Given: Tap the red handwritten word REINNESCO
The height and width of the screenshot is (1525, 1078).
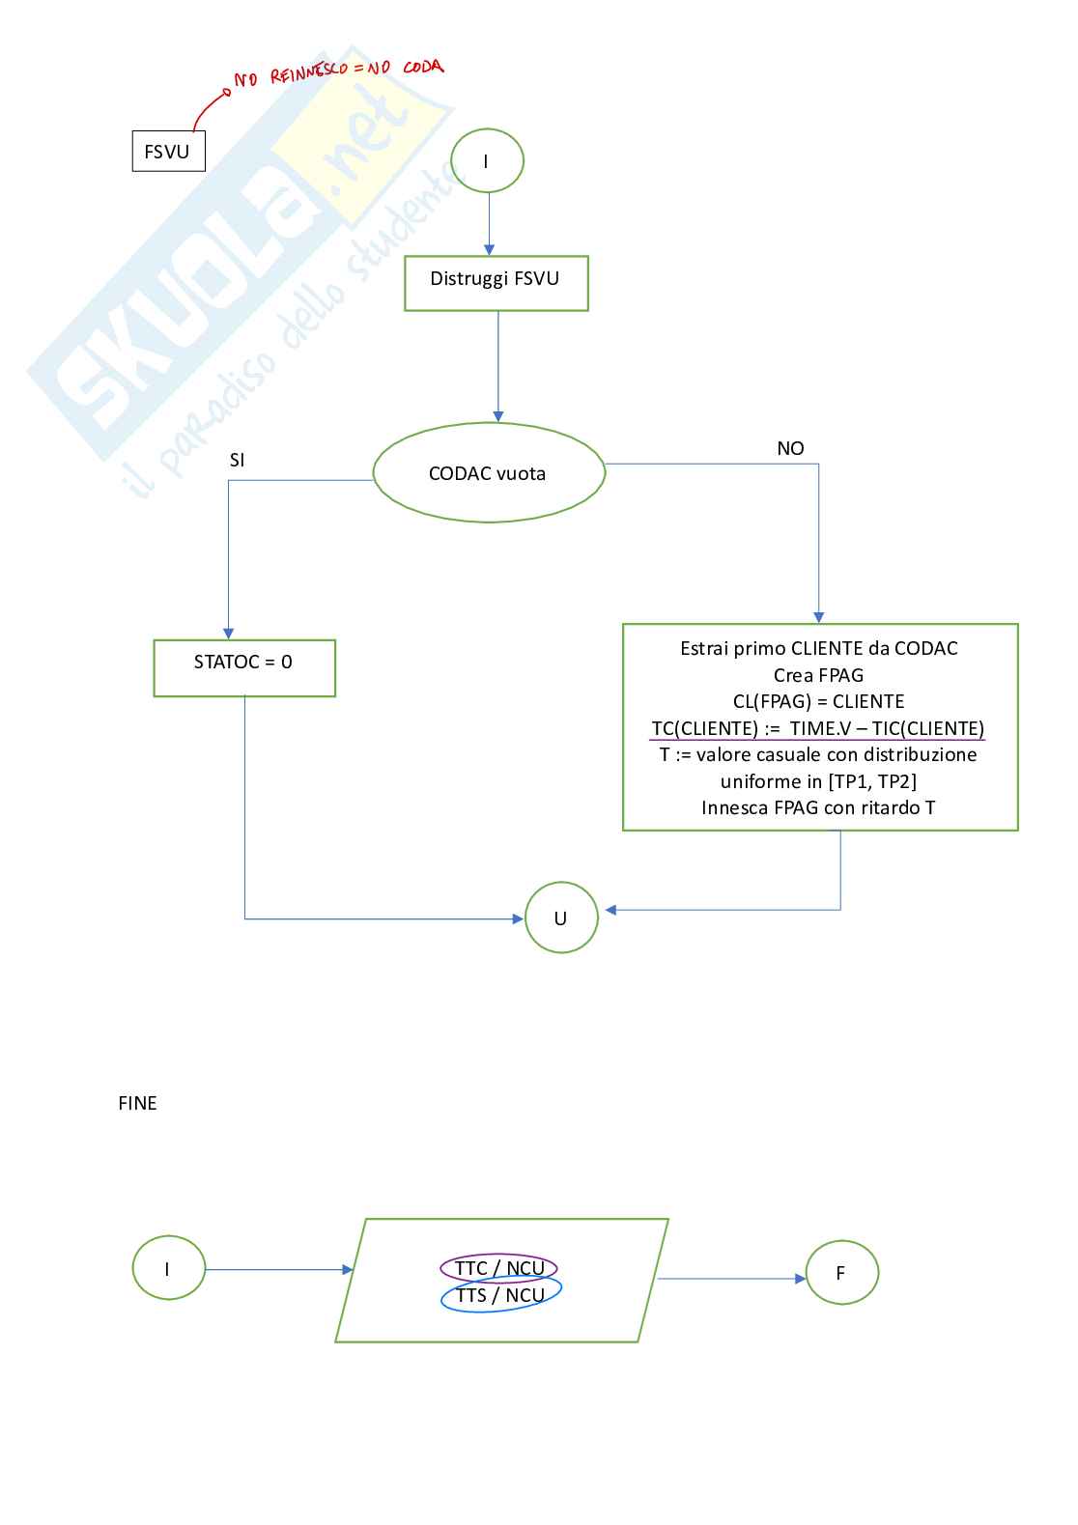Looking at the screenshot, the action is [x=309, y=71].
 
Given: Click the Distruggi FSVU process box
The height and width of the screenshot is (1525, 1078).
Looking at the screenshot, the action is [x=496, y=283].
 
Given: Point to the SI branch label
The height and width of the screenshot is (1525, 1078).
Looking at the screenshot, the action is [x=237, y=461].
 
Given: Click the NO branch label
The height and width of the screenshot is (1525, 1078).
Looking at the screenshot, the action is [x=790, y=448].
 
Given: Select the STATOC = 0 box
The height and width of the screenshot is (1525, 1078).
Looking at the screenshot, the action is [x=244, y=668].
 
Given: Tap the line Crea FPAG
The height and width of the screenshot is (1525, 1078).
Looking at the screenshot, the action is [x=818, y=675].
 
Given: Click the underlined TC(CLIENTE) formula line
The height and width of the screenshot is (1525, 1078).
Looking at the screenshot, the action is [x=818, y=728].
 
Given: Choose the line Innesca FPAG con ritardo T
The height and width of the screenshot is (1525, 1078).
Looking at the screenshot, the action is [x=818, y=807].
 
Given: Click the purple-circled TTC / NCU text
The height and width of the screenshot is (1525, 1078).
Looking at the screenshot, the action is [x=499, y=1268].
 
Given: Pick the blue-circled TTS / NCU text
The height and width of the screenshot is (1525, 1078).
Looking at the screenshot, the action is [x=500, y=1294].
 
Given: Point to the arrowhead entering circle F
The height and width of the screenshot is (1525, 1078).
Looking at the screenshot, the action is [x=800, y=1279].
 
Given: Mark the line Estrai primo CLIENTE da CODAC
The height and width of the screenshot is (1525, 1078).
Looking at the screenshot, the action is [x=818, y=648].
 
